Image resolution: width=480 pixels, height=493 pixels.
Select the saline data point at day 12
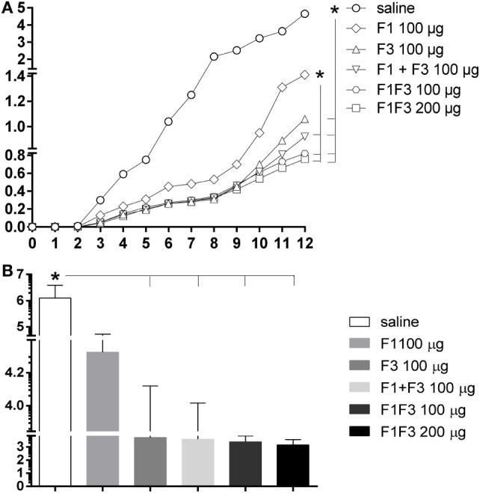click(x=304, y=13)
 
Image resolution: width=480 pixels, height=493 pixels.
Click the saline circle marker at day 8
click(x=214, y=57)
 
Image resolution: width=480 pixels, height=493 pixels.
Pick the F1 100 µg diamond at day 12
click(x=304, y=74)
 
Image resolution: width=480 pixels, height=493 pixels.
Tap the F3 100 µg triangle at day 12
click(x=304, y=119)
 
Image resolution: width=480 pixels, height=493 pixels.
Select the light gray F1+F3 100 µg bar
click(x=197, y=461)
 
